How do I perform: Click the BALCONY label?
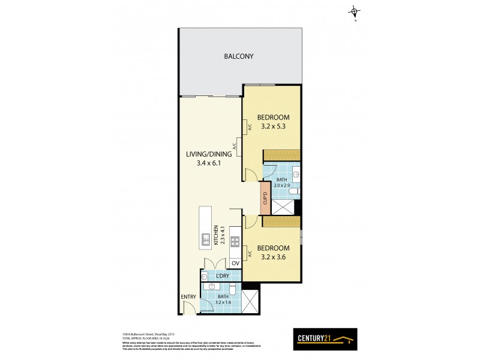click(239, 56)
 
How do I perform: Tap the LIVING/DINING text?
click(208, 154)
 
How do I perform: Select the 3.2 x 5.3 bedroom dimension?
click(273, 127)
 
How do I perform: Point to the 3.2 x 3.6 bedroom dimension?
click(273, 257)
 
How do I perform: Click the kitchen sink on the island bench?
click(204, 239)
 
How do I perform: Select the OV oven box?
click(235, 263)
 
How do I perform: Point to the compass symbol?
click(356, 11)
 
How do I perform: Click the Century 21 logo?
click(325, 339)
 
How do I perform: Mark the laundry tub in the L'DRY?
click(205, 276)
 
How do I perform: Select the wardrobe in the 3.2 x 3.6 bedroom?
click(281, 222)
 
